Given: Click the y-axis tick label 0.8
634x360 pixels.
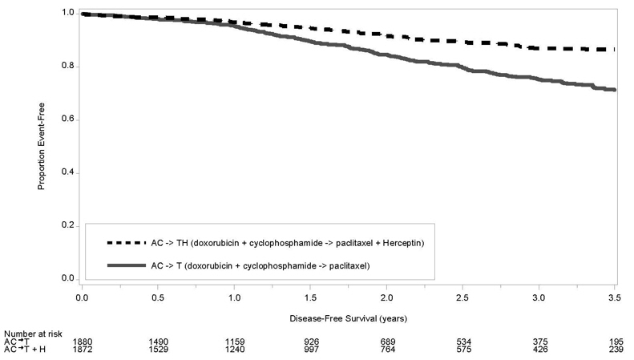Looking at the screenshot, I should (69, 67).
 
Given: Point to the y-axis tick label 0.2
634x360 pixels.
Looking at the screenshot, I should (69, 225).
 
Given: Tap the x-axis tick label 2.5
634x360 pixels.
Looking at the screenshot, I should (462, 297).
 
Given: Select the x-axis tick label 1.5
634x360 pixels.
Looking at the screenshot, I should (309, 297).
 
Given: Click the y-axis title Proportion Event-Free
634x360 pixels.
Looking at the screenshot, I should (41, 146).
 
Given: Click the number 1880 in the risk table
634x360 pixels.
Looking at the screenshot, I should (83, 342).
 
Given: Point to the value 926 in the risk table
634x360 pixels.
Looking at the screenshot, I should (310, 342).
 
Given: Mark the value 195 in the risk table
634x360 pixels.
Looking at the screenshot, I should (615, 342).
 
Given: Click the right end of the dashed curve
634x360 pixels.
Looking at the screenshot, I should (615, 50).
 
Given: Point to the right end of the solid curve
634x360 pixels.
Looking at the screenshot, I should (615, 90).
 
